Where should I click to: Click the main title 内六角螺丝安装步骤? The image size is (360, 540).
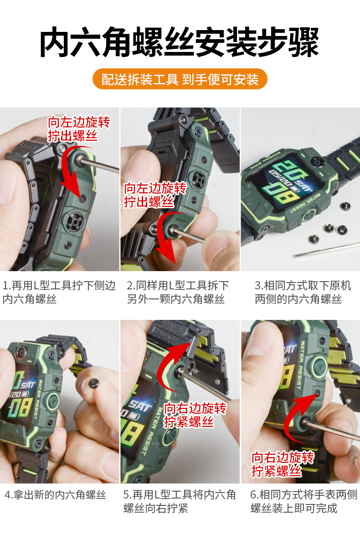180,42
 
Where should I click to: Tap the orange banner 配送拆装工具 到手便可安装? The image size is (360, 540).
180,79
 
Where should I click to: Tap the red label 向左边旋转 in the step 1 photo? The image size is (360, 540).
79,122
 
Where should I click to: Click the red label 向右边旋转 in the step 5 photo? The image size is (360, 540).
195,408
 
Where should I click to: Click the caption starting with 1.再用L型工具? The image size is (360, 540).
59,292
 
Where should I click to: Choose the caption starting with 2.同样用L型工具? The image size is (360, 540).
178,292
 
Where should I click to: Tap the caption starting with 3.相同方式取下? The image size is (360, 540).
303,292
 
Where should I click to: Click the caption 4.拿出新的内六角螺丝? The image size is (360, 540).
55,495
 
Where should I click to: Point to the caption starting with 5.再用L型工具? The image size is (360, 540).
180,501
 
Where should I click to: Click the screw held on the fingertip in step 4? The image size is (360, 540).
93,383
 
